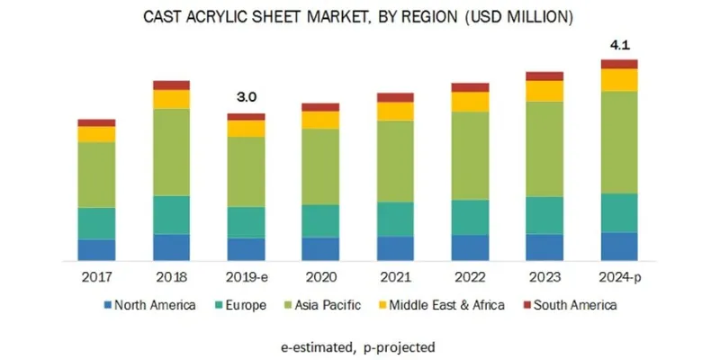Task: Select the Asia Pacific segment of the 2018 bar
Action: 171,152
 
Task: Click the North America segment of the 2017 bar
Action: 96,251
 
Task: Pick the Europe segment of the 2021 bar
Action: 395,220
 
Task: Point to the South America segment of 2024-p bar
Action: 619,64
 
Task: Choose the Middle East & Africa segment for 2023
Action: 544,91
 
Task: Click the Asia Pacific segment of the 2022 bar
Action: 470,156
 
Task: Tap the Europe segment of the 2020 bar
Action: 320,221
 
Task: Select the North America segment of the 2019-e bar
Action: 246,250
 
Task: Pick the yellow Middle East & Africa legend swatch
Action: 381,306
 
